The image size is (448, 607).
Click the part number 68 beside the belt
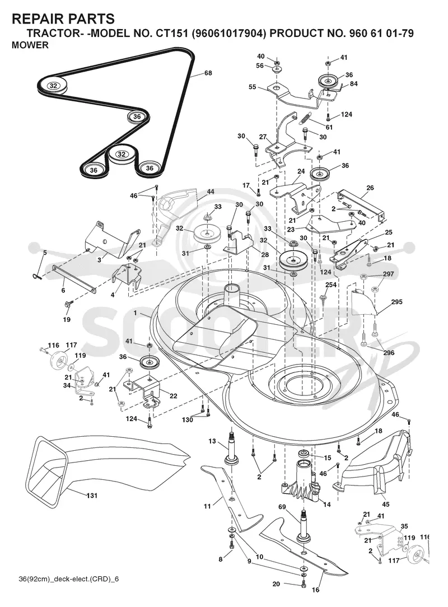pos(208,73)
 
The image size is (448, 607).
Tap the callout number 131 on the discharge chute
pos(92,496)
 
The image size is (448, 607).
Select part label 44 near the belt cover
pos(211,192)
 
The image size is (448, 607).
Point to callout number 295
pos(397,302)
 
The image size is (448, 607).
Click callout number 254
pos(331,285)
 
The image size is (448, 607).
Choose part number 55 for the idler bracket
pos(253,87)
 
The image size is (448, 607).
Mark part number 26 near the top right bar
pos(370,188)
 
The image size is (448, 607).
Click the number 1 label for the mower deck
pos(135,312)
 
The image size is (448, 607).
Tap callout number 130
pos(188,419)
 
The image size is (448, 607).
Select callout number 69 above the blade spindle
pos(282,507)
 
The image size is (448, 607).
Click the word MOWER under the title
pos(30,45)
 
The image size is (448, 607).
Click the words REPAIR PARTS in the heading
pos(63,18)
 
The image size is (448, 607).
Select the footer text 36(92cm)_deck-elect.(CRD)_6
pos(68,579)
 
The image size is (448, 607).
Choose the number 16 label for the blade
pos(316,590)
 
